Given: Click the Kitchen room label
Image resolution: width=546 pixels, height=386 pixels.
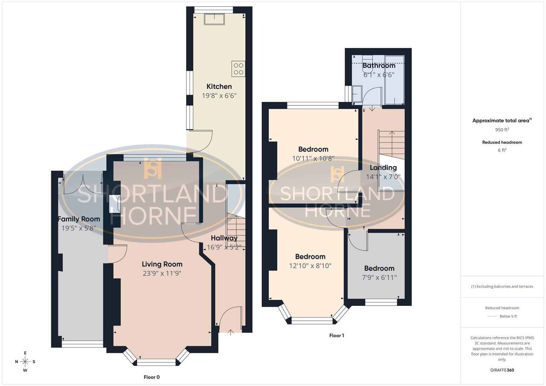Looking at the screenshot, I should point(219,86).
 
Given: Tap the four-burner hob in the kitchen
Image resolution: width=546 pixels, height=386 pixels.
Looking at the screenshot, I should point(238,69).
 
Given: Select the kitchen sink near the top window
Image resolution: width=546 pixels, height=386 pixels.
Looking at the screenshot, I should point(214,19).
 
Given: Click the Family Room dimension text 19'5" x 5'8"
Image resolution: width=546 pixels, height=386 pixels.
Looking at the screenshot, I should point(79,228).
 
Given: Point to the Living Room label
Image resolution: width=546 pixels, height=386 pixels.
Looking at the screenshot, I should point(162,264).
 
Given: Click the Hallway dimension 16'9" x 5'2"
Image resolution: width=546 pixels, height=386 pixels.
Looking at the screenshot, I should point(224,247).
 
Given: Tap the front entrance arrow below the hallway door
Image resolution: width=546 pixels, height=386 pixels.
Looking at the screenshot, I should point(231,332).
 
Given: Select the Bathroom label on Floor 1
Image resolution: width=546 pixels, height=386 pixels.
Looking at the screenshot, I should point(379,66).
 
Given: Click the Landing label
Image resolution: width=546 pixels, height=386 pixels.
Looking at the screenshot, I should point(383,168).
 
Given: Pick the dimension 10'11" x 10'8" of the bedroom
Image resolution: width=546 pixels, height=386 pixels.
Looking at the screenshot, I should point(313,158).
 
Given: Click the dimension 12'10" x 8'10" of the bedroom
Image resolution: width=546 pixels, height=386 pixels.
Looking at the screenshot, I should point(310,266).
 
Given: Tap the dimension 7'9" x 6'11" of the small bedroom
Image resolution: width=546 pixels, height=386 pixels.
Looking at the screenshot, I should point(379,277).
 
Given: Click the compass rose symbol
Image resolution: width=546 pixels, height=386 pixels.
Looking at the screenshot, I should point(25,362).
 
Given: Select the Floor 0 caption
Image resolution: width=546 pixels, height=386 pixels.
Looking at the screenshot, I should point(152,377).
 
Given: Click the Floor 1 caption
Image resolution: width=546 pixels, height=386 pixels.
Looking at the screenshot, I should point(336,335).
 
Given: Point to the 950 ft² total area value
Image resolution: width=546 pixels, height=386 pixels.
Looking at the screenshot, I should point(502,130).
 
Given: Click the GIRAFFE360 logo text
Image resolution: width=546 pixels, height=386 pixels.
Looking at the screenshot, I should point(502,370).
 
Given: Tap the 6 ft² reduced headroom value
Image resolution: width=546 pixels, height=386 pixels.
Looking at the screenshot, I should point(502,150).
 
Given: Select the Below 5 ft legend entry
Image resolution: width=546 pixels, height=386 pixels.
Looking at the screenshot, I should point(508,316).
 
